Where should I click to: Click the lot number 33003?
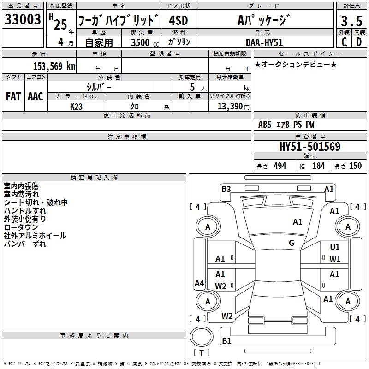(23, 20)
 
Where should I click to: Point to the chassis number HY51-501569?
(310, 147)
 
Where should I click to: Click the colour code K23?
(77, 106)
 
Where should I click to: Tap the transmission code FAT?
(13, 96)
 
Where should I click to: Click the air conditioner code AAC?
(36, 96)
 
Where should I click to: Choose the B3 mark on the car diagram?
(226, 189)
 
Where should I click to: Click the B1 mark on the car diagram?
(226, 341)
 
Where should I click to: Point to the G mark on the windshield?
(292, 243)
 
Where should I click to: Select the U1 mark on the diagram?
(335, 248)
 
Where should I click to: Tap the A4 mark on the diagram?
(199, 283)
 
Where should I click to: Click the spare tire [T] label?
(202, 353)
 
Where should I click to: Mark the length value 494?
(280, 166)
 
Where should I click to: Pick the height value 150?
(355, 166)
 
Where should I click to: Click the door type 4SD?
(178, 21)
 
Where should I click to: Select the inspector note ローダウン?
(21, 227)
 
